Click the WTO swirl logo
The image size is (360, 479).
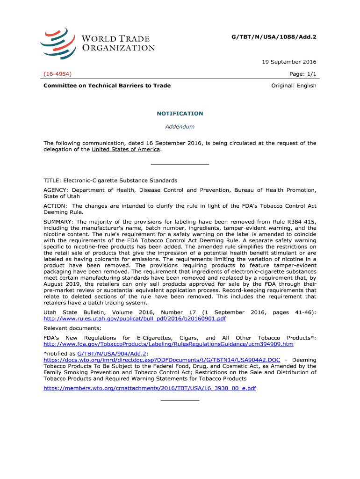(58, 43)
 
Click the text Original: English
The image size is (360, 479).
(294, 86)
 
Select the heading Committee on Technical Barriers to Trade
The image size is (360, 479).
(107, 86)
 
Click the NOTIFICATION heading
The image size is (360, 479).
(180, 114)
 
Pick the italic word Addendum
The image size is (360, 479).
(180, 126)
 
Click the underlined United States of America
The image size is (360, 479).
(126, 150)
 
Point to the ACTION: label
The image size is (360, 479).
(56, 206)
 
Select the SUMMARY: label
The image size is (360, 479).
(59, 222)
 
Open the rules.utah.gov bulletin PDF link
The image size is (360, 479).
(135, 319)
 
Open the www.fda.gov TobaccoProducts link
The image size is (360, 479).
(168, 344)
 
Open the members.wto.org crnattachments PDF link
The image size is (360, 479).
(150, 388)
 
